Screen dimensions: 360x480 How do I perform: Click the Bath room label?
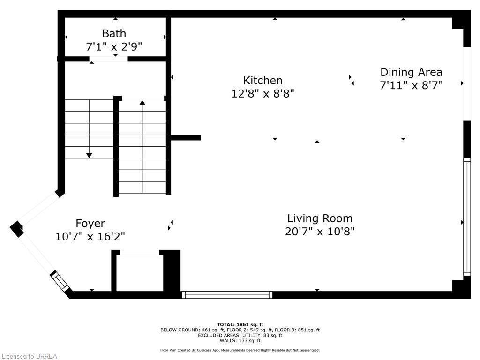coord(114,33)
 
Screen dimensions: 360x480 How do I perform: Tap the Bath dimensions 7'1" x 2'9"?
coord(114,46)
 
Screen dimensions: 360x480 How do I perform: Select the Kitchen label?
coord(262,80)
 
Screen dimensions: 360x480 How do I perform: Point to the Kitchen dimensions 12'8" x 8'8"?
coord(262,93)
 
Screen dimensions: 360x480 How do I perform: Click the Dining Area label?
coord(411,72)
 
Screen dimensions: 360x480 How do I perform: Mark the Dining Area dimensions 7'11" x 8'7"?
coord(411,85)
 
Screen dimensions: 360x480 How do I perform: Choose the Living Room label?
coord(320,218)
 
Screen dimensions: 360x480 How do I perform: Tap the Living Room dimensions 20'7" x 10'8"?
coord(320,231)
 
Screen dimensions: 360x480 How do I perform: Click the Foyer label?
coord(90,223)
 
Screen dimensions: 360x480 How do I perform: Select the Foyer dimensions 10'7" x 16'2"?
coord(90,236)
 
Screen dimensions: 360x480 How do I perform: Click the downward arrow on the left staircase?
coord(89,155)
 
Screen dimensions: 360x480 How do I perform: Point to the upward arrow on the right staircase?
coord(142,102)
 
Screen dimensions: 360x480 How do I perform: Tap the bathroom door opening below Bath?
coord(108,59)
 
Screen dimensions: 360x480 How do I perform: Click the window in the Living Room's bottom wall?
coord(227,295)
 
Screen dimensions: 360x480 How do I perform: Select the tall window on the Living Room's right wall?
coord(466,217)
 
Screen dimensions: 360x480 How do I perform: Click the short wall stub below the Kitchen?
coord(186,138)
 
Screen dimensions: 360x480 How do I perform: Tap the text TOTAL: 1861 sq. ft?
coord(240,324)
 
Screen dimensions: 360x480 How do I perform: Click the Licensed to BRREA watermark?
coord(29,356)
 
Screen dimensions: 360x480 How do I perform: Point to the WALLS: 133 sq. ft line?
coord(240,340)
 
